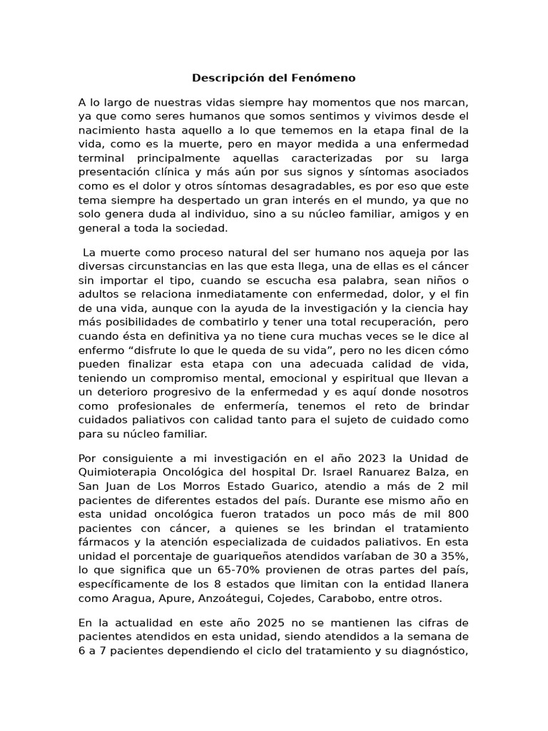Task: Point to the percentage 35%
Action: tap(453, 555)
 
